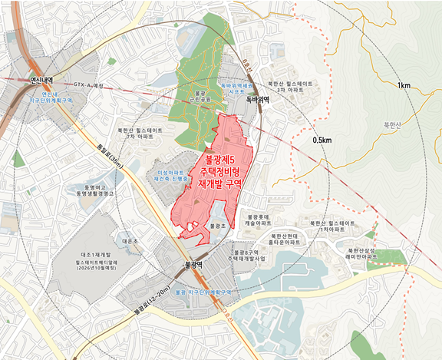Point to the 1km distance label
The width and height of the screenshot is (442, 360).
(405, 84)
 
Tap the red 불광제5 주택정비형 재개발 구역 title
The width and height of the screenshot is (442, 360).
(220, 172)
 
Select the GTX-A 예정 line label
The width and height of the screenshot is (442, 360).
(93, 84)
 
